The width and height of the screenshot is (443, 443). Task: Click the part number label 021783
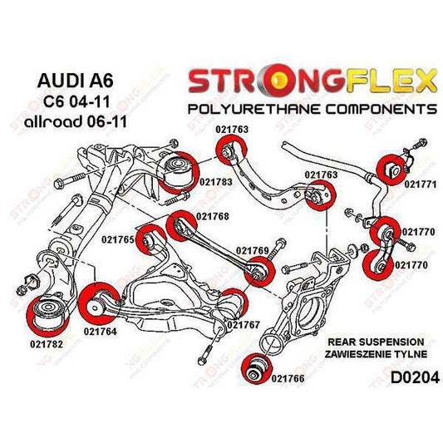tap(201, 181)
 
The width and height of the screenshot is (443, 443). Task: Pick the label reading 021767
tap(244, 324)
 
